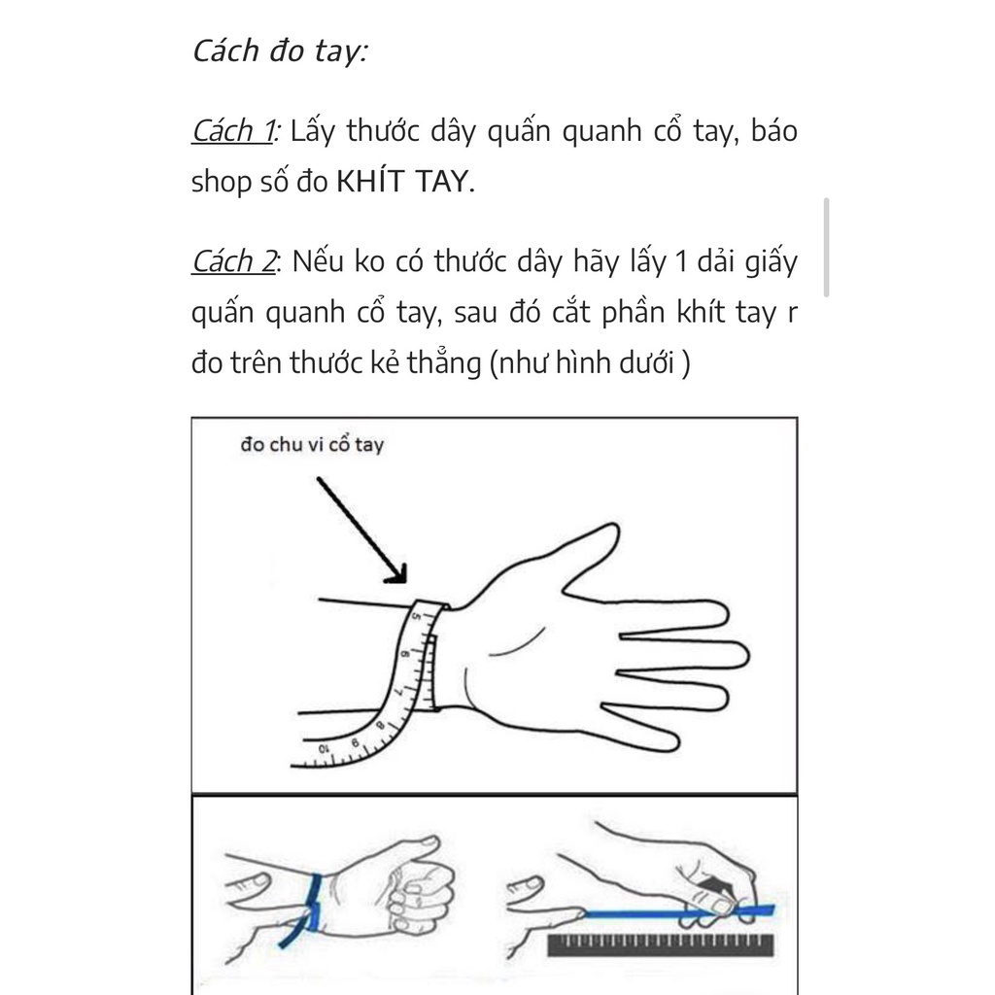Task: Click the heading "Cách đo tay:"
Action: [280, 51]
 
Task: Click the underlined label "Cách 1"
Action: [233, 131]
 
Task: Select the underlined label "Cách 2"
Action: [233, 261]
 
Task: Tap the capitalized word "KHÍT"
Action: [370, 181]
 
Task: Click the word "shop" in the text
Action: [222, 182]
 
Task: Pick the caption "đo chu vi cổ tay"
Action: [312, 445]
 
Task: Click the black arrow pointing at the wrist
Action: [361, 530]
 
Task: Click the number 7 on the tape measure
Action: [399, 691]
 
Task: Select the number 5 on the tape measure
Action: [417, 615]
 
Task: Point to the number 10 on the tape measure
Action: [324, 749]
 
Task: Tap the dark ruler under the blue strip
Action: [661, 944]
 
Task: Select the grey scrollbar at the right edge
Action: [826, 248]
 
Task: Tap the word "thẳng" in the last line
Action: [444, 362]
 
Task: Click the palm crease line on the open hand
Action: [517, 642]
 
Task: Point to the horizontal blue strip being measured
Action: [679, 913]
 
